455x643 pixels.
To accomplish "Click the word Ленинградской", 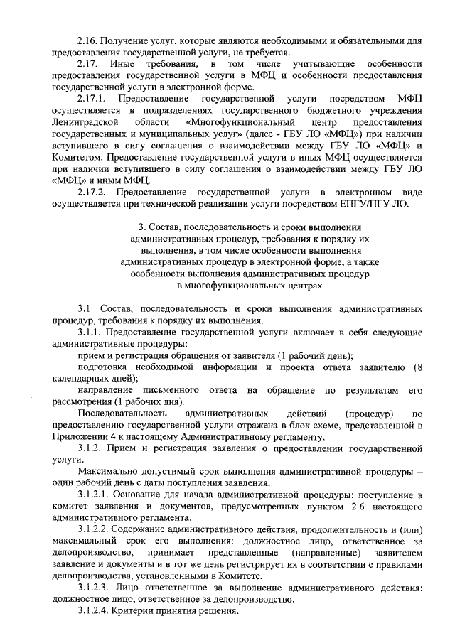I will pos(84,123).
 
